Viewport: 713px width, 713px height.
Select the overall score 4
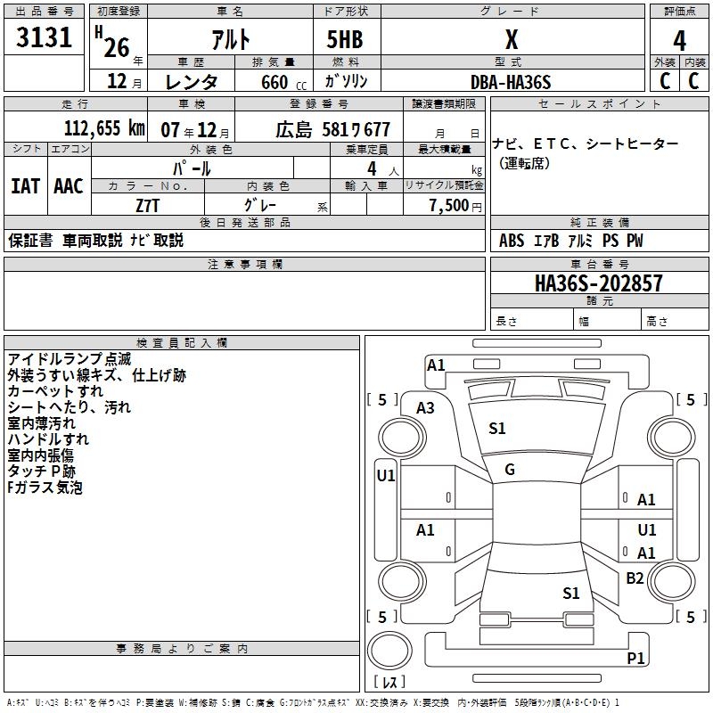click(679, 40)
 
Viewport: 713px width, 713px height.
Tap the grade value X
click(511, 39)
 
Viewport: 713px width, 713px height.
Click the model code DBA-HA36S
click(511, 82)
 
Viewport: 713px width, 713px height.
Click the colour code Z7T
click(148, 205)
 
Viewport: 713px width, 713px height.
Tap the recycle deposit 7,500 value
click(448, 206)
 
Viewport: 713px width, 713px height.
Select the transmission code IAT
click(25, 186)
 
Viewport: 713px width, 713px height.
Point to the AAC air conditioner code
click(69, 186)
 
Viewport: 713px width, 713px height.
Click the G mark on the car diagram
click(510, 470)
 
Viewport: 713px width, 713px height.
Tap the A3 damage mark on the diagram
click(426, 407)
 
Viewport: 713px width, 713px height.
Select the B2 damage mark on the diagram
click(635, 578)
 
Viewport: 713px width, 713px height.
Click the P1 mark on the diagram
click(635, 659)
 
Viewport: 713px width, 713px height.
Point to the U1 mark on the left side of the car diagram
click(385, 476)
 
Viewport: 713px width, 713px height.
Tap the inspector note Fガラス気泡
click(45, 488)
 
